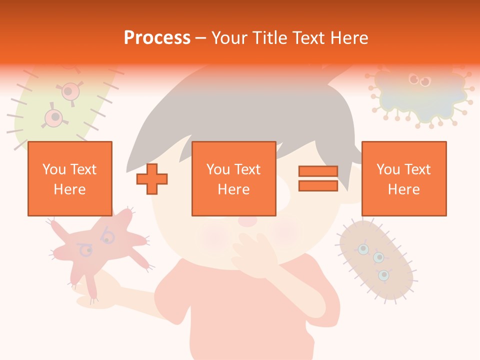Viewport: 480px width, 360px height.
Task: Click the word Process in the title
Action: (157, 38)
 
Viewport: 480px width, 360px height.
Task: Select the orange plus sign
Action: (152, 178)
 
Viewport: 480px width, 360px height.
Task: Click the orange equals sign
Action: (318, 178)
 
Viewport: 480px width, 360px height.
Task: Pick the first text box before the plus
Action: (69, 178)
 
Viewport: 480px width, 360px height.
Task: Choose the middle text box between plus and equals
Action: (233, 178)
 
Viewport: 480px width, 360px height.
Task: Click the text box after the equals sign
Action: (403, 178)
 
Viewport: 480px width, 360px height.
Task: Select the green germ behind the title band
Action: (55, 110)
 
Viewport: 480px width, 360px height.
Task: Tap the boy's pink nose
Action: (247, 220)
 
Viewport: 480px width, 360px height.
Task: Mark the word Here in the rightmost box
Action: (403, 189)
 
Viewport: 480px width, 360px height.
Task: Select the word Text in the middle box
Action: (247, 169)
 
